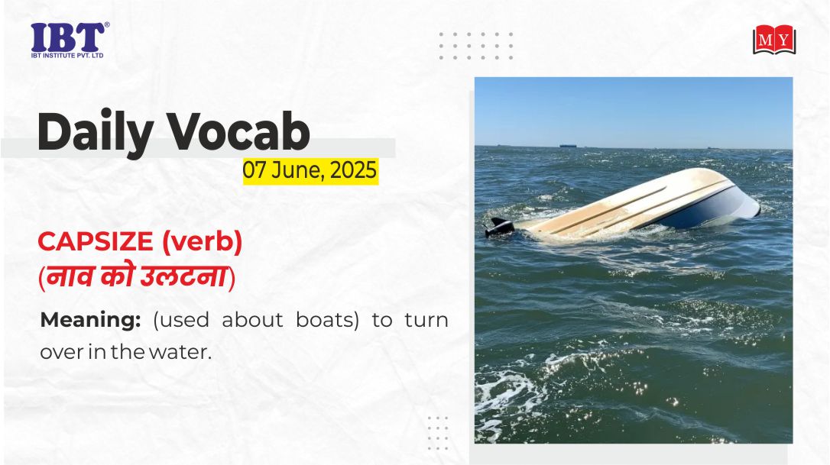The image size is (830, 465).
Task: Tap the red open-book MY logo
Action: click(x=774, y=40)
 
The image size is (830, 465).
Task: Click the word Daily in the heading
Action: click(x=95, y=132)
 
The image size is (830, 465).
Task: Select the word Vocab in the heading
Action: click(x=238, y=131)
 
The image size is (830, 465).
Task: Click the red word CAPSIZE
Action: click(x=96, y=242)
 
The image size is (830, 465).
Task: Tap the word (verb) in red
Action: click(x=203, y=242)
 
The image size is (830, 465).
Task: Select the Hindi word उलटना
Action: click(x=183, y=276)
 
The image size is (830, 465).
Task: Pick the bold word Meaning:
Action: click(x=90, y=320)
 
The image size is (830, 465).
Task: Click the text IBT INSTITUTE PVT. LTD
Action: click(x=67, y=56)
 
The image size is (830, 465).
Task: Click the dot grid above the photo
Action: click(x=476, y=46)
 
